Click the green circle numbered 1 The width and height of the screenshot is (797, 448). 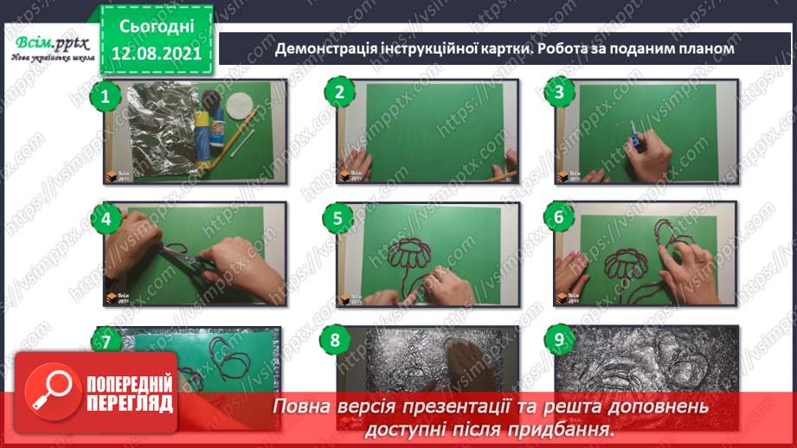click(106, 96)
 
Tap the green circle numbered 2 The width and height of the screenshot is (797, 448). click(339, 92)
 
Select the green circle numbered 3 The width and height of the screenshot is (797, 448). click(559, 92)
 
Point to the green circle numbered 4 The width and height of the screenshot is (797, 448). click(106, 219)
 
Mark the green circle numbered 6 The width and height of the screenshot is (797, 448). click(559, 217)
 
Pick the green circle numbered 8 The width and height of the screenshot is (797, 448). click(335, 340)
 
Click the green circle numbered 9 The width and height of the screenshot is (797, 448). click(559, 339)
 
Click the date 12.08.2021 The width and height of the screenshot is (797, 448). click(157, 54)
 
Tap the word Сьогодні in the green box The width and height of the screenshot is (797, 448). click(157, 27)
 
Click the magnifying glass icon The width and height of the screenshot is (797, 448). click(52, 391)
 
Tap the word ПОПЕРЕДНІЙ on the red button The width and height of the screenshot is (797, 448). click(130, 384)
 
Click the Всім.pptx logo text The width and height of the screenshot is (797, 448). click(52, 44)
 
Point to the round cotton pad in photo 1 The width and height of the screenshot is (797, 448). click(239, 106)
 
